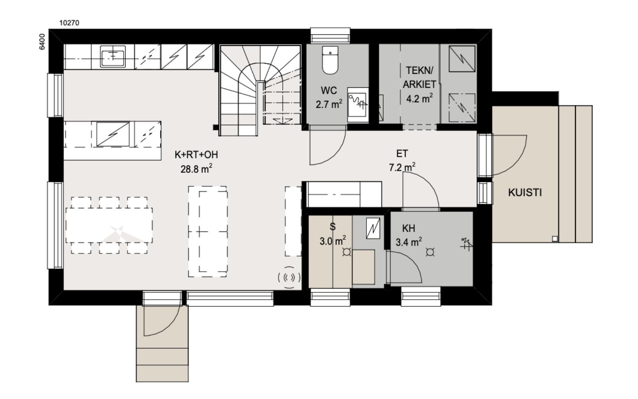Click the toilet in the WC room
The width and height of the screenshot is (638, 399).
330,60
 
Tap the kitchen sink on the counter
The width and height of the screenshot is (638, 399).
113,56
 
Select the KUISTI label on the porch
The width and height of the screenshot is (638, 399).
525,193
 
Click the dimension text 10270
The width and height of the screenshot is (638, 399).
69,23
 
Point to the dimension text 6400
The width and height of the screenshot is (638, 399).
42,41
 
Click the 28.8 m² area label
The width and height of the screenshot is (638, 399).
196,169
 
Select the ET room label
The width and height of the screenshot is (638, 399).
402,154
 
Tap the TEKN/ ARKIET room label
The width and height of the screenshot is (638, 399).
419,77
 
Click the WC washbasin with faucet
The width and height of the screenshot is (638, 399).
357,105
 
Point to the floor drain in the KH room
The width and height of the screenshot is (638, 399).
430,252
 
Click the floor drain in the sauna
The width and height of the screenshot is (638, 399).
347,252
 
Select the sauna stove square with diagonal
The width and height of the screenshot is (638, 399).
373,228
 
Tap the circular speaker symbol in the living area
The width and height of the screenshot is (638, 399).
289,277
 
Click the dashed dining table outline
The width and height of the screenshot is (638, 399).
109,225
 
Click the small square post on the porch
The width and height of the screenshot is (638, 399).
555,239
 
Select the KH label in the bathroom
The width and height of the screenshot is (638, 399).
408,228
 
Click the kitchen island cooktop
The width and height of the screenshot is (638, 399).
113,134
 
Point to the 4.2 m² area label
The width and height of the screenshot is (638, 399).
419,99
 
